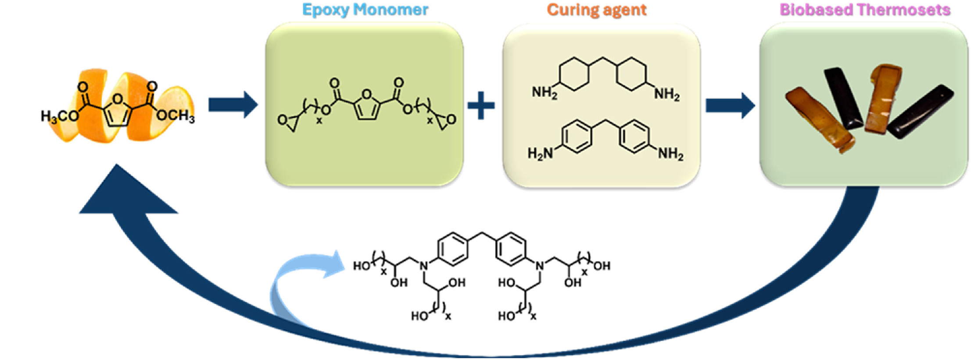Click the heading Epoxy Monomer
click(x=365, y=10)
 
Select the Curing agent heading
click(x=596, y=10)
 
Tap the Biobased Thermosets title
click(x=865, y=10)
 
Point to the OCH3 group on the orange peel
click(x=176, y=116)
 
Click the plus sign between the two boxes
click(x=481, y=106)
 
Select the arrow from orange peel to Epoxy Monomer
click(x=233, y=105)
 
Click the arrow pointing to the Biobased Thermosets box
click(x=730, y=105)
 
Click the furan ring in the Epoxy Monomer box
click(x=367, y=105)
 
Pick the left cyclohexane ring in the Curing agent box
click(x=574, y=74)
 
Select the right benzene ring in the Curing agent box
click(x=634, y=137)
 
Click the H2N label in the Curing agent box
click(x=539, y=153)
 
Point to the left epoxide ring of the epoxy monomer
click(x=287, y=122)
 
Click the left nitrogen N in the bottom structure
click(x=423, y=266)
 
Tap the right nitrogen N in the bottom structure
click(x=540, y=266)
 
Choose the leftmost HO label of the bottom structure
click(x=362, y=266)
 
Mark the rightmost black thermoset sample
click(x=921, y=111)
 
